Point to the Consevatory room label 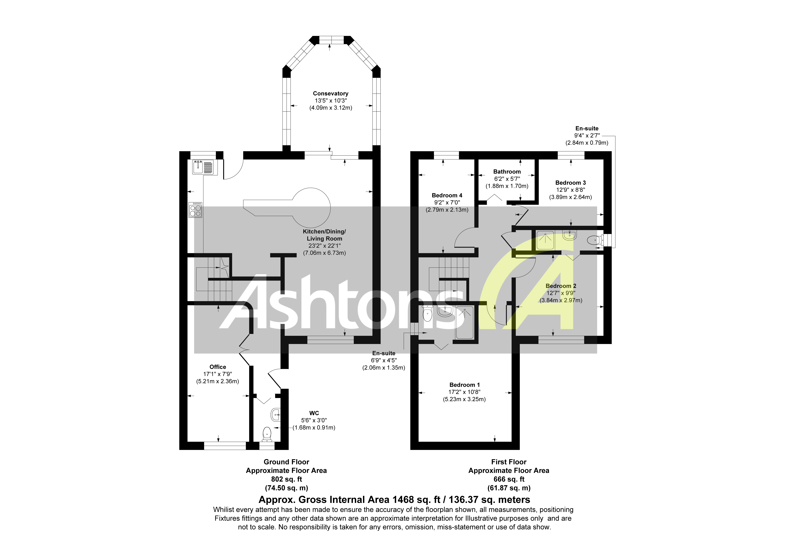pyautogui.click(x=330, y=94)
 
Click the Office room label pyautogui.click(x=218, y=367)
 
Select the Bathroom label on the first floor pyautogui.click(x=507, y=172)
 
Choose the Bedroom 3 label pyautogui.click(x=570, y=183)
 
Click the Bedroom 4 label pyautogui.click(x=447, y=195)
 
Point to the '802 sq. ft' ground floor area pyautogui.click(x=286, y=479)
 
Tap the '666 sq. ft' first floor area pyautogui.click(x=509, y=479)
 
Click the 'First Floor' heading pyautogui.click(x=509, y=462)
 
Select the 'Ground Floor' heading pyautogui.click(x=286, y=462)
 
